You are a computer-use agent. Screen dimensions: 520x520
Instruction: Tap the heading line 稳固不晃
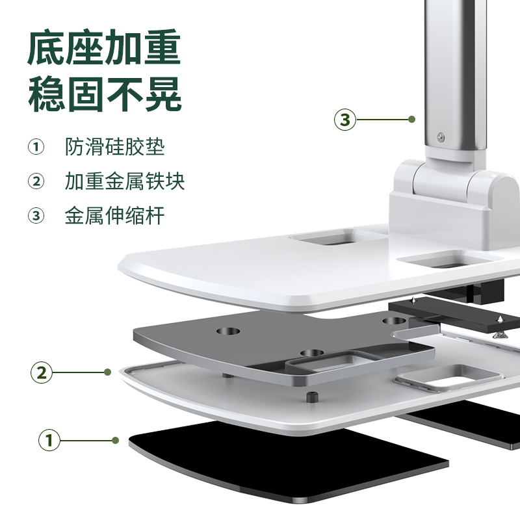pyautogui.click(x=105, y=94)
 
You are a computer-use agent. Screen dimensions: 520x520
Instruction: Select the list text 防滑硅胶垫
pyautogui.click(x=115, y=147)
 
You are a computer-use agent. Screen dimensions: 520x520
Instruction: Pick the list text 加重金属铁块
pyautogui.click(x=125, y=181)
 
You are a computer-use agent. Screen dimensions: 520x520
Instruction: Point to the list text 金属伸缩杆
pyautogui.click(x=115, y=216)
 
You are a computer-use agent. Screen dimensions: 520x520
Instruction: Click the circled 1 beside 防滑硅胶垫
pyautogui.click(x=36, y=147)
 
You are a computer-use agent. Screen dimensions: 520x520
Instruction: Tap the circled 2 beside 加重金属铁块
pyautogui.click(x=36, y=181)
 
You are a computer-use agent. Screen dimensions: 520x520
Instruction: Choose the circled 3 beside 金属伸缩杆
pyautogui.click(x=36, y=216)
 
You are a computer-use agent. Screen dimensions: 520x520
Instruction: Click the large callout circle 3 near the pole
pyautogui.click(x=345, y=120)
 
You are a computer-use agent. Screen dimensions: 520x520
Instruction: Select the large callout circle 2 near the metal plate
pyautogui.click(x=42, y=372)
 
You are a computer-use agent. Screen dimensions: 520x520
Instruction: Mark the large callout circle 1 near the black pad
pyautogui.click(x=49, y=441)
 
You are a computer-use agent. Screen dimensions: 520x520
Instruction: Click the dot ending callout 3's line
pyautogui.click(x=412, y=120)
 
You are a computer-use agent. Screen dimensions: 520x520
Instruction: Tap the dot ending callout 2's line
pyautogui.click(x=107, y=372)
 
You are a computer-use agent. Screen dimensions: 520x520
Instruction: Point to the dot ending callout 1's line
pyautogui.click(x=116, y=441)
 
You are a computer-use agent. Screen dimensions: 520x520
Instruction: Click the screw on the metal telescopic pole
pyautogui.click(x=441, y=137)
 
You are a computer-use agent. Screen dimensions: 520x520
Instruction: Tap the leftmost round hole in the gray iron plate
pyautogui.click(x=228, y=331)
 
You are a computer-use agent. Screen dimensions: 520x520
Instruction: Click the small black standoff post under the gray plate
pyautogui.click(x=312, y=396)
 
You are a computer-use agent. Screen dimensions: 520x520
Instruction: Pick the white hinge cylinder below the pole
pyautogui.click(x=443, y=181)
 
